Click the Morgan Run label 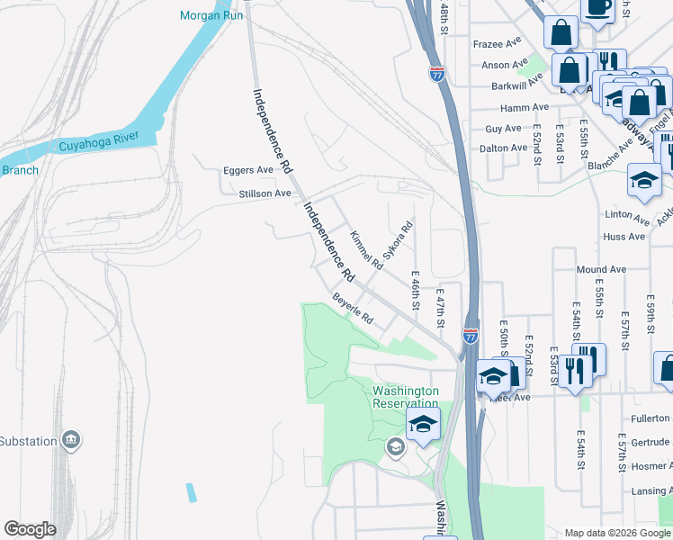pos(211,15)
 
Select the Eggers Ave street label pos(247,169)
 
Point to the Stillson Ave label pos(265,193)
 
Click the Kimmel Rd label pos(366,250)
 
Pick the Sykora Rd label pos(397,239)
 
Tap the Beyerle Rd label pos(353,308)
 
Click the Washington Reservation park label pos(406,397)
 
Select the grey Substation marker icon pos(71,440)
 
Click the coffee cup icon pos(597,8)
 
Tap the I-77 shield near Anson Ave pos(436,75)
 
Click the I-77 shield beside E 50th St pos(471,336)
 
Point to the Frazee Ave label pos(497,43)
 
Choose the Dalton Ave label pos(503,148)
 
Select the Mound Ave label pos(601,269)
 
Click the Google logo pos(30,529)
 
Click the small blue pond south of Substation pos(191,493)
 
